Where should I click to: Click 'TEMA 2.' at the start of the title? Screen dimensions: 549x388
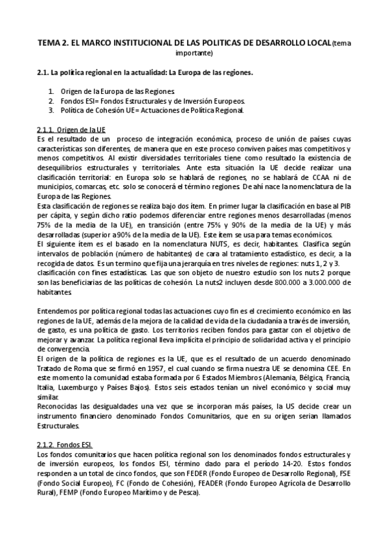pos(54,43)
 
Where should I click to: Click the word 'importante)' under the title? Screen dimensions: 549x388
pos(194,52)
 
